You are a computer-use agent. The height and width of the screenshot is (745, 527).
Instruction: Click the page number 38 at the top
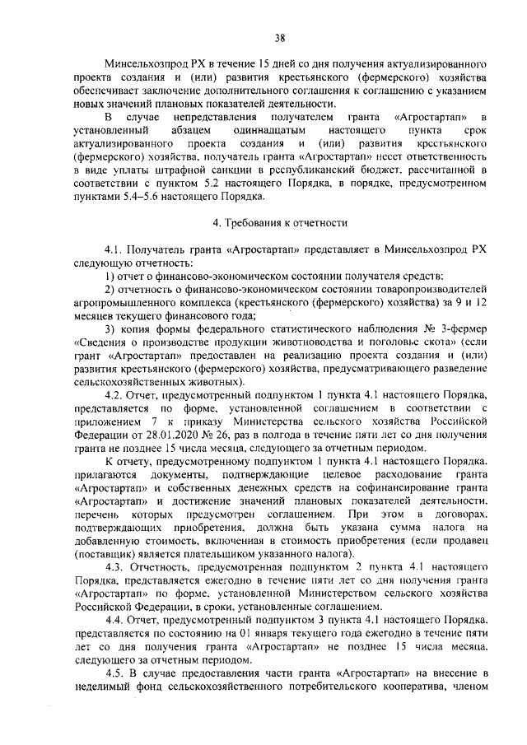click(x=279, y=37)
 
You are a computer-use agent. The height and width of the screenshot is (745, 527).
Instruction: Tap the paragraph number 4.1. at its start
click(x=114, y=249)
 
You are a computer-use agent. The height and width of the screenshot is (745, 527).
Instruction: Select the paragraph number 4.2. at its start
click(x=114, y=395)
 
